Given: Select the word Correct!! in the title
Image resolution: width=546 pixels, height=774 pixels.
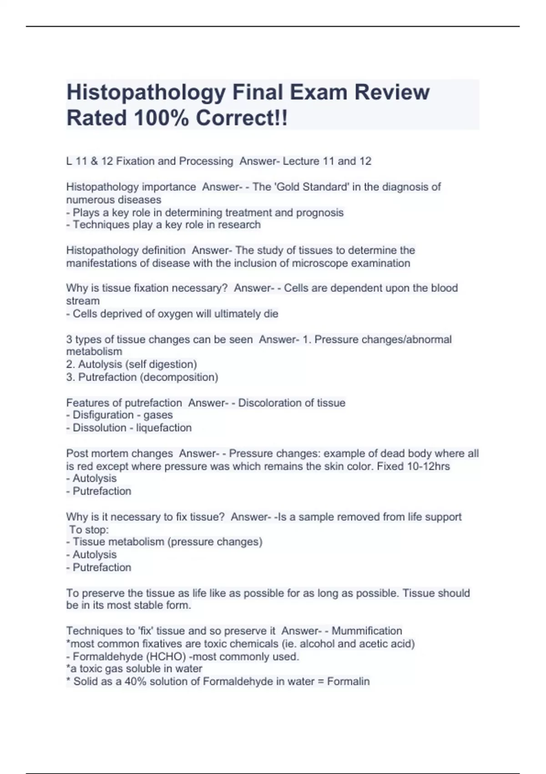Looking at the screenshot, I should click(242, 118).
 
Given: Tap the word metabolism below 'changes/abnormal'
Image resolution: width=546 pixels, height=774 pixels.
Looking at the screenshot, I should click(94, 351).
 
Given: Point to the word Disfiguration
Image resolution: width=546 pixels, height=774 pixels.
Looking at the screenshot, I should click(104, 415).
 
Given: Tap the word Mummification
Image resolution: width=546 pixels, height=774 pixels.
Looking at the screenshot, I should click(367, 631).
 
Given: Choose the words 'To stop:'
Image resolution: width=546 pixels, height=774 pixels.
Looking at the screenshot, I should click(89, 530).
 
